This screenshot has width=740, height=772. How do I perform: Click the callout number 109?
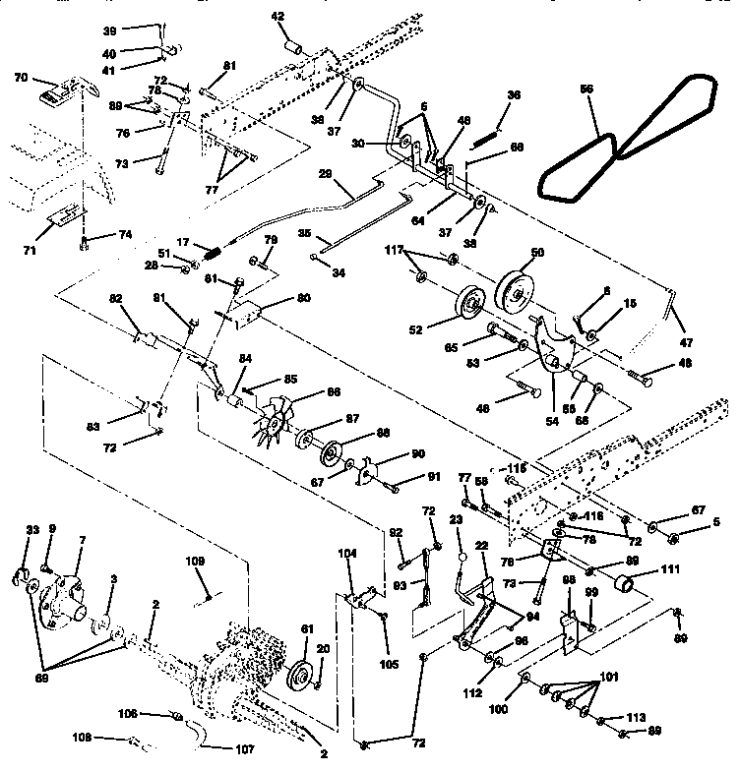(195, 562)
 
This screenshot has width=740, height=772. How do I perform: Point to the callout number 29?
(327, 173)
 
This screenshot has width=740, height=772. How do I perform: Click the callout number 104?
(348, 555)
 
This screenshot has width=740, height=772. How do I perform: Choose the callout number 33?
(31, 531)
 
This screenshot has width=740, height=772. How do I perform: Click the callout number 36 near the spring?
(514, 94)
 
